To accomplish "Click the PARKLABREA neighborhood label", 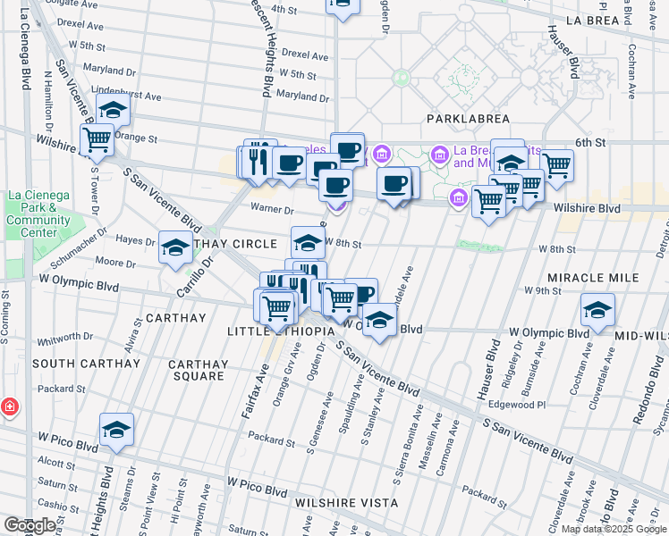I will click(468, 119).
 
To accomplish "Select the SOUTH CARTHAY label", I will click(87, 364).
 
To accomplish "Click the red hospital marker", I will click(9, 407).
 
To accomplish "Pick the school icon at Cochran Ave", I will click(597, 310).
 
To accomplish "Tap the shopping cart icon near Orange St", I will click(97, 139).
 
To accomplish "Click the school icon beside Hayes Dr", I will click(175, 247).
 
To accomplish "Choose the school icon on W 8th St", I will click(308, 241).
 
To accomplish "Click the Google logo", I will click(29, 525).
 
